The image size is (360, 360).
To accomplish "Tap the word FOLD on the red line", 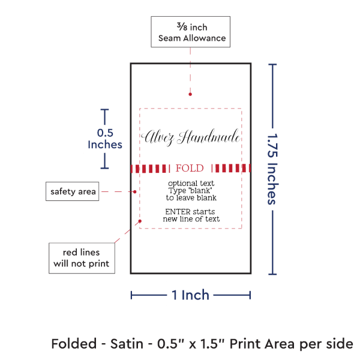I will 190,168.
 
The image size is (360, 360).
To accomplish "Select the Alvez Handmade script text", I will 191,137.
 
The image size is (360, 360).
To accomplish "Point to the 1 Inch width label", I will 190,295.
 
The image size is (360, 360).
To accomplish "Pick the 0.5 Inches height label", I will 105,139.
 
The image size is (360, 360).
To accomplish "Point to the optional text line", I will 191,182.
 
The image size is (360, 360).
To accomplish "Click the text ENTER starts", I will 191,212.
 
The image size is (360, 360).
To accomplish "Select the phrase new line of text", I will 191,219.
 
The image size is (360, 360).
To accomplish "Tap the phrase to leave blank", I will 191,197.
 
